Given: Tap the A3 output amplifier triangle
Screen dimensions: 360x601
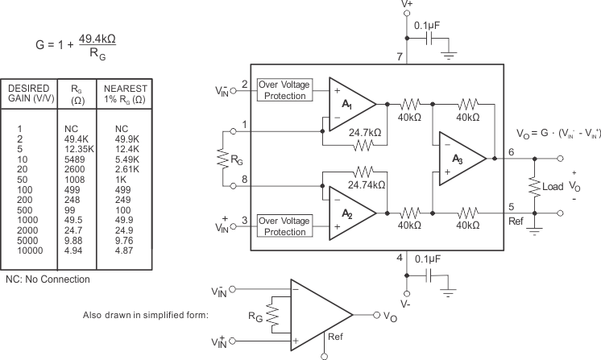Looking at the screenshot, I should point(459,158).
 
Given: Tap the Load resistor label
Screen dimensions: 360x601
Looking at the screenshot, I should point(553,186).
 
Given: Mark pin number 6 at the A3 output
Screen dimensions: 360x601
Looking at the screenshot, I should point(511,151).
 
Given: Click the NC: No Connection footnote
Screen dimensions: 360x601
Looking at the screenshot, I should point(48,279).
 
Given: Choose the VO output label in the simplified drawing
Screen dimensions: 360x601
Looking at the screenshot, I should point(389,315).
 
